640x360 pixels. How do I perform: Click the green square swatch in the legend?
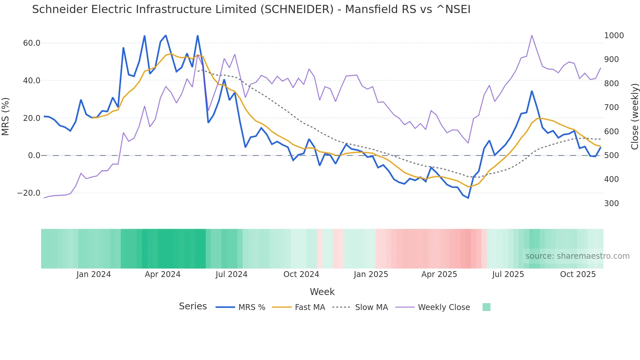[486, 307]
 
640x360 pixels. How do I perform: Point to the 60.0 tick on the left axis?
[31, 43]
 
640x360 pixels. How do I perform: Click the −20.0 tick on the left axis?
[29, 193]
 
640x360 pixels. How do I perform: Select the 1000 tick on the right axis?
[614, 36]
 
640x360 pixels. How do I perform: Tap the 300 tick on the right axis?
[611, 204]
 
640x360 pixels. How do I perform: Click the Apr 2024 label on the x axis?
[163, 274]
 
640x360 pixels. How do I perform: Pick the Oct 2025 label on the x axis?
[578, 274]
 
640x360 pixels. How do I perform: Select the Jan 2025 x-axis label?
[371, 274]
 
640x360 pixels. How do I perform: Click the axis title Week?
[322, 292]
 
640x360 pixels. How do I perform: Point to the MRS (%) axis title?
[6, 116]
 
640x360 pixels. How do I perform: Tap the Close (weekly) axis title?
[634, 117]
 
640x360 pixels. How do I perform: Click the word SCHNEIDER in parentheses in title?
[297, 9]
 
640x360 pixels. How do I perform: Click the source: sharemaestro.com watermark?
[577, 256]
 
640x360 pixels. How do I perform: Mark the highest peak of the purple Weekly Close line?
[532, 35]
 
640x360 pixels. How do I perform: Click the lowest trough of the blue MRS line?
[468, 198]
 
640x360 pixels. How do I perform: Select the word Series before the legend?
[193, 306]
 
